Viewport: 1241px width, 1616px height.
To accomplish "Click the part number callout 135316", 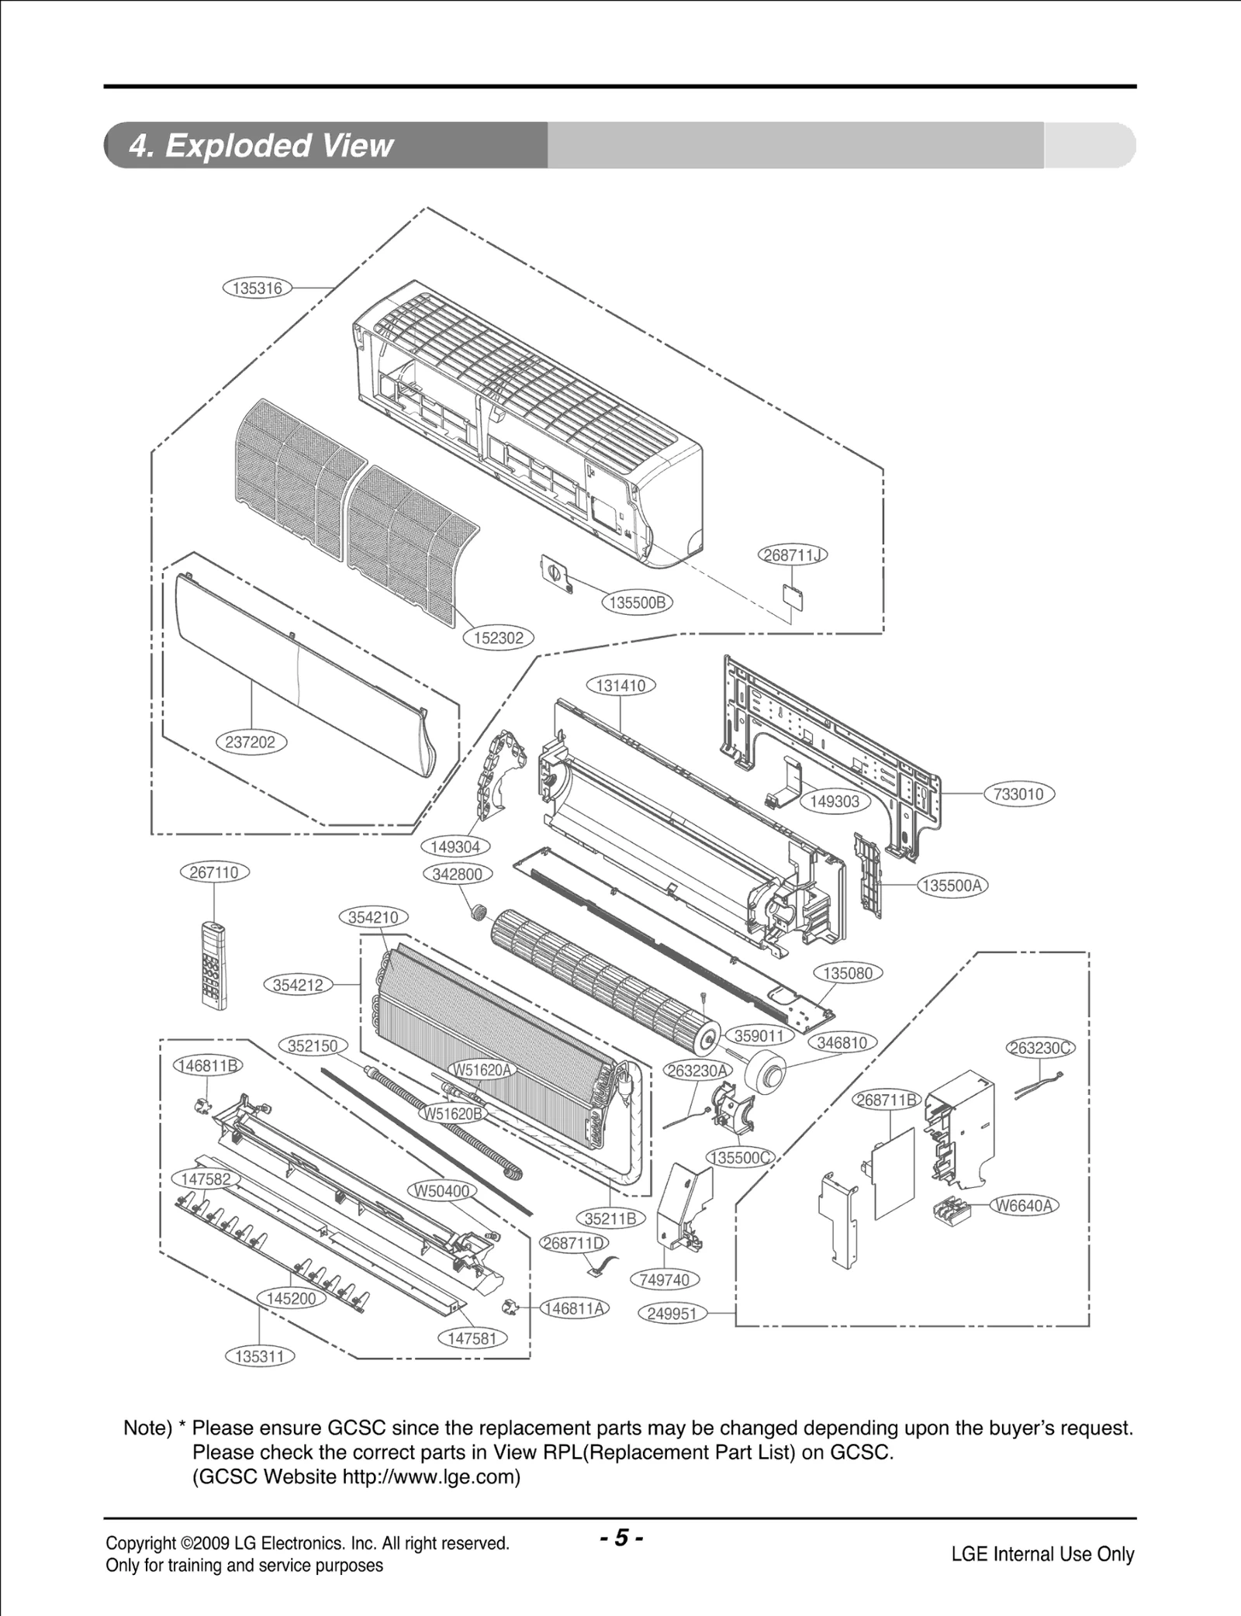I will click(x=257, y=288).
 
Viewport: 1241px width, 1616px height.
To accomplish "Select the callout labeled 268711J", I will click(x=792, y=555).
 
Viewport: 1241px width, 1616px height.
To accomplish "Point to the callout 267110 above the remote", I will click(x=214, y=872).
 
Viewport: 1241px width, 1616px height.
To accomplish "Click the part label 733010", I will click(x=1019, y=794).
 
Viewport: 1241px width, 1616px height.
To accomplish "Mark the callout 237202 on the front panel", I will click(x=250, y=742).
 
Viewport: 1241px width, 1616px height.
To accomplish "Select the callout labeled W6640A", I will click(x=1024, y=1206).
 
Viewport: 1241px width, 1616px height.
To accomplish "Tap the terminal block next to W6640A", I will click(x=956, y=1211).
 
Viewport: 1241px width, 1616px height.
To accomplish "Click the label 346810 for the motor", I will click(x=842, y=1043).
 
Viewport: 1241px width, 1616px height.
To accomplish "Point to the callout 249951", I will click(x=672, y=1314).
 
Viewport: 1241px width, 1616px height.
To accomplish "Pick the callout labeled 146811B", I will click(x=206, y=1065).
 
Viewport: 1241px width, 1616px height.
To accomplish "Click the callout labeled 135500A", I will click(x=953, y=886).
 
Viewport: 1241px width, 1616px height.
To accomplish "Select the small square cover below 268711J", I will click(x=790, y=598).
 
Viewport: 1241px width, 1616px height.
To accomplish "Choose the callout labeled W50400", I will click(x=441, y=1191).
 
